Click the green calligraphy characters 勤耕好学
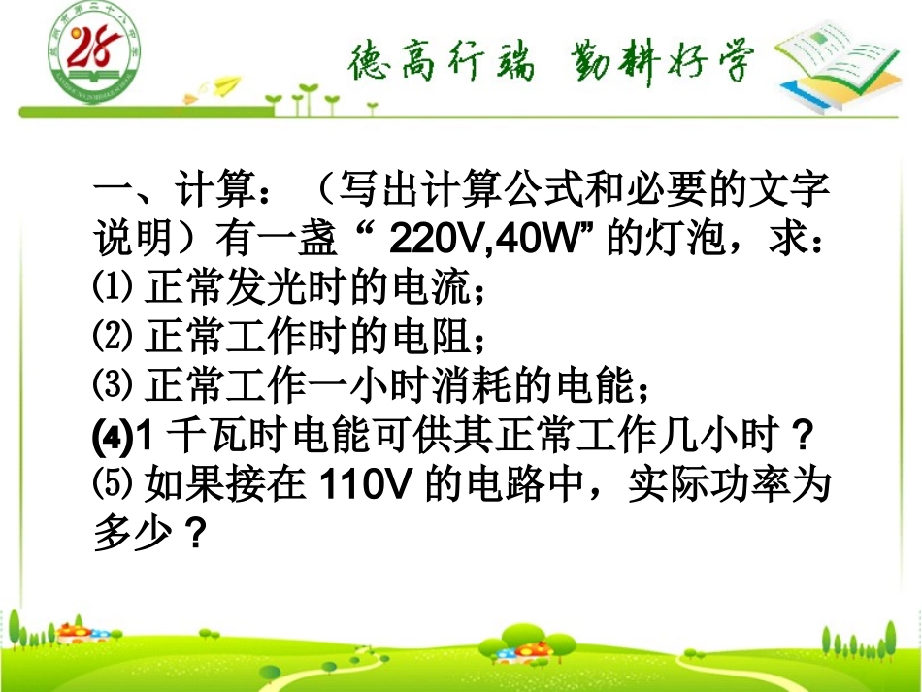point(657,64)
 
